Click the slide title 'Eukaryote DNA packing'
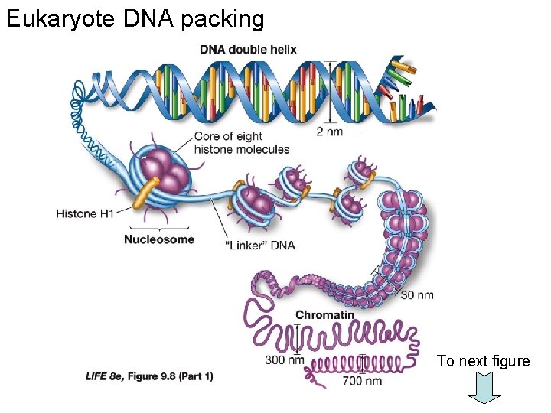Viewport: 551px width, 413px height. (135, 18)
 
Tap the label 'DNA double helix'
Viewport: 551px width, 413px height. (248, 50)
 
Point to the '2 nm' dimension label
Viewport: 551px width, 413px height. (331, 131)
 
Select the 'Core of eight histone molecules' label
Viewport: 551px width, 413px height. (241, 142)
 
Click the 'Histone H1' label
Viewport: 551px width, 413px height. (84, 213)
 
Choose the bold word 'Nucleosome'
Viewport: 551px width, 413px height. (159, 239)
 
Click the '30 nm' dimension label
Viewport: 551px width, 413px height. (417, 294)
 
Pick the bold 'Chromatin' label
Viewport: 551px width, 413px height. (324, 314)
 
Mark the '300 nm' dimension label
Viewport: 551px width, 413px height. (285, 359)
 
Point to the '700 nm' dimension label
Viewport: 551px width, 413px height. (363, 380)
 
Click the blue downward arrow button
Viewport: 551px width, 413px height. (484, 387)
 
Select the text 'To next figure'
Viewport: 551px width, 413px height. (483, 361)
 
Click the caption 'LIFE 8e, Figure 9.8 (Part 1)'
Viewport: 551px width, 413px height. (149, 376)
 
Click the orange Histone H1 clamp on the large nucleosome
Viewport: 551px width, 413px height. (145, 193)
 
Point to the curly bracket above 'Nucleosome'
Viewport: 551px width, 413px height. (159, 228)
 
